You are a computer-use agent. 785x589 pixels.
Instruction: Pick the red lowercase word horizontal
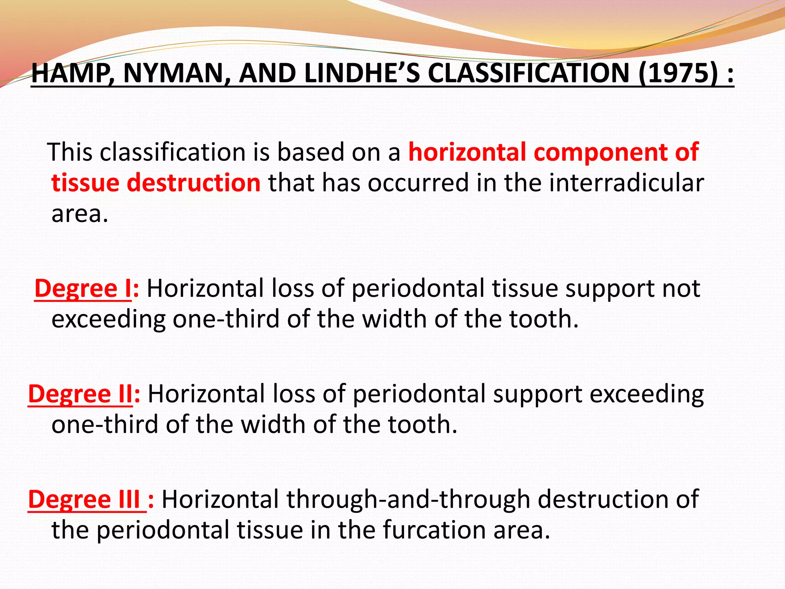point(467,152)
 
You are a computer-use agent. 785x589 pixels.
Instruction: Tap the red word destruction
point(194,183)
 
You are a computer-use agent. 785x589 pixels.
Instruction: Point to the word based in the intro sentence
point(310,152)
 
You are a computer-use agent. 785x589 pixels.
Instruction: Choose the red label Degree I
point(83,288)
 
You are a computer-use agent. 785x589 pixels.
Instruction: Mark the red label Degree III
point(87,499)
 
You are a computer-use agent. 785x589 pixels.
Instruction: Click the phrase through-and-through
point(408,499)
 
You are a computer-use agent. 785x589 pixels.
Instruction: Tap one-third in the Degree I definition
point(226,319)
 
